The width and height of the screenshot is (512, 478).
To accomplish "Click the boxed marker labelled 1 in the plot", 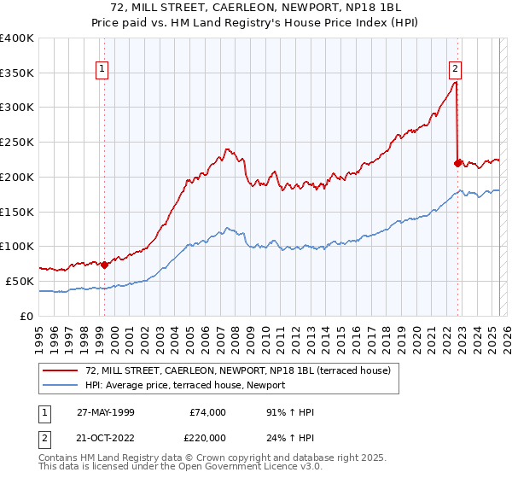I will click(102, 70).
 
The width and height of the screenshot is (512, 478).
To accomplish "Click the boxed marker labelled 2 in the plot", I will click(455, 70).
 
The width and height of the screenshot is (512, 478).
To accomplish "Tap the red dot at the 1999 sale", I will click(105, 265).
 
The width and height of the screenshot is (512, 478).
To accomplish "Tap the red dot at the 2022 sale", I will click(458, 162).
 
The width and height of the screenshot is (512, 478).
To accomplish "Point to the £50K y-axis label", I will click(20, 281).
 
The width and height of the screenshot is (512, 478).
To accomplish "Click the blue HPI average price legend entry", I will click(185, 386).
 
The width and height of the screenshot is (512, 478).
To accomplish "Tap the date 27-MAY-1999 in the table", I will click(122, 412).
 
